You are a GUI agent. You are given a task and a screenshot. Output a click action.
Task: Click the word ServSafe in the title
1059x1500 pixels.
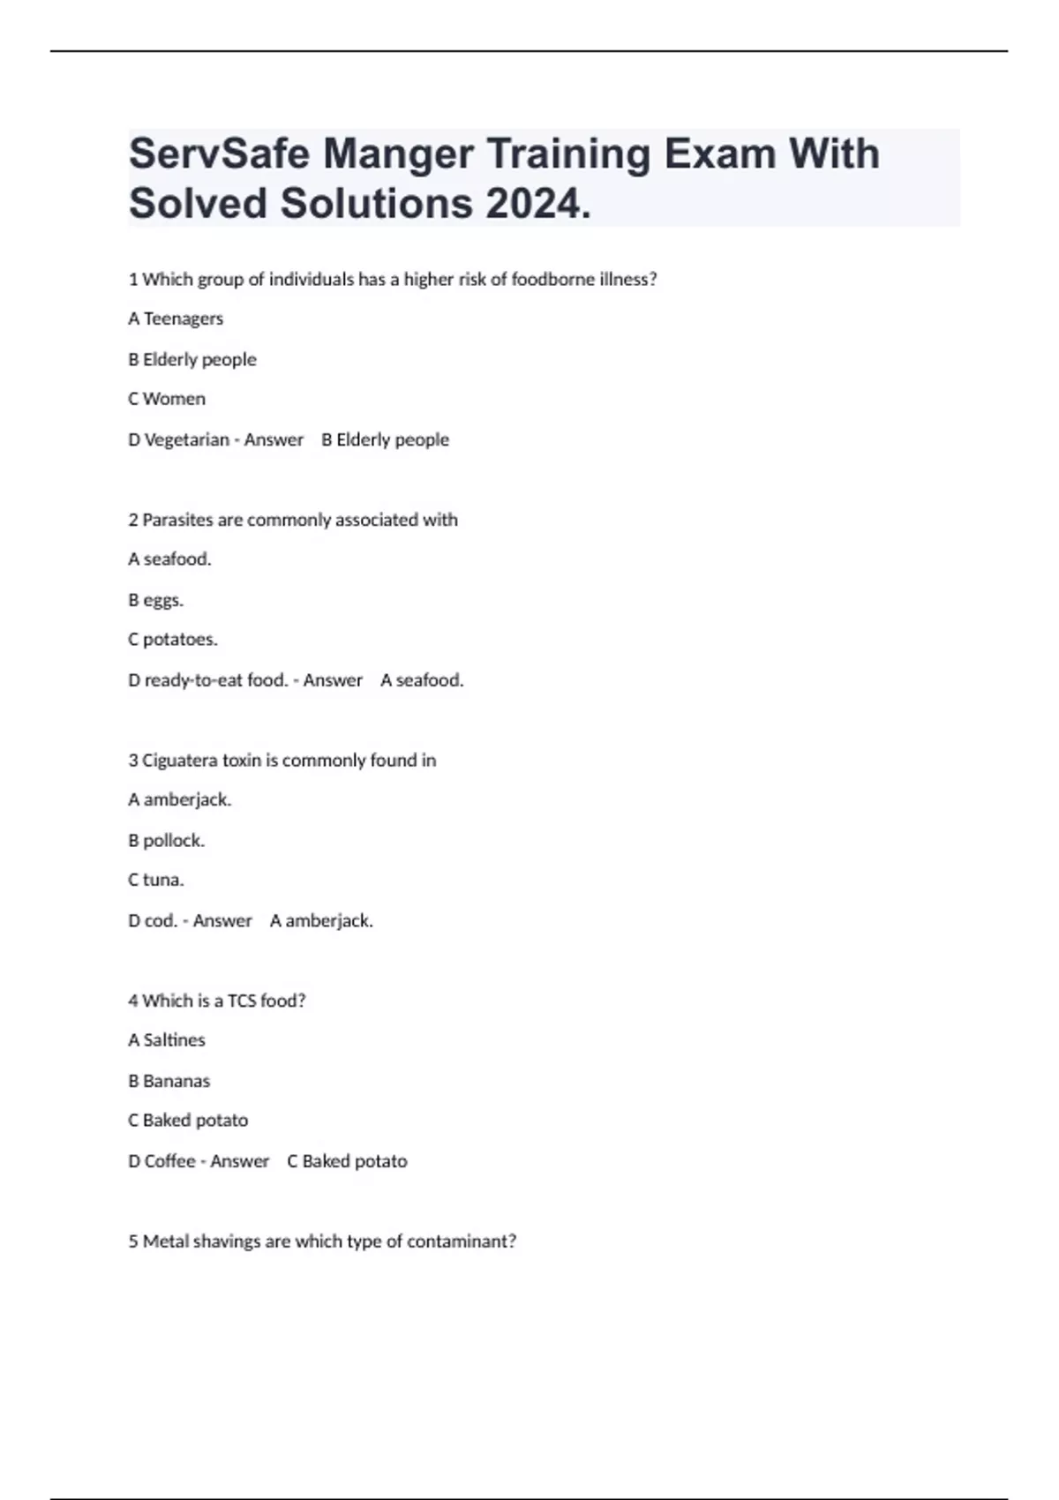pos(218,154)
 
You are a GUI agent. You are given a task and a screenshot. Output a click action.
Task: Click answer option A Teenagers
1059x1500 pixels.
pos(176,319)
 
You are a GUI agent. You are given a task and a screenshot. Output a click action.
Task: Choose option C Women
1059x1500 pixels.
pos(167,399)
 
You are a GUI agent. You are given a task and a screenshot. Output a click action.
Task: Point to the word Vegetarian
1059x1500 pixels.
pos(186,439)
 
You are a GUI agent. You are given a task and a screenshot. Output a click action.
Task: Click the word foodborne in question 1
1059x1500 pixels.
pos(553,279)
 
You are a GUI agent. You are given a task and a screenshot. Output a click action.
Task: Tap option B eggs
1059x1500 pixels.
pos(156,600)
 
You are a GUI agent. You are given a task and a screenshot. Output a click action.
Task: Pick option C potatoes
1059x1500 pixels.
pos(173,640)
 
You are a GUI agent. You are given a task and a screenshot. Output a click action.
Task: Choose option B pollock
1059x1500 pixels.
pos(167,841)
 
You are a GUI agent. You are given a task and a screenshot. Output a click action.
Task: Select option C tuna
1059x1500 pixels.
pos(156,880)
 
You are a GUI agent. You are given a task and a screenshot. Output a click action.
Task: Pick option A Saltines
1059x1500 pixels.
pos(167,1040)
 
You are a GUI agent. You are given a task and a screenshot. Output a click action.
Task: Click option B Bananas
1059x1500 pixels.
pos(169,1081)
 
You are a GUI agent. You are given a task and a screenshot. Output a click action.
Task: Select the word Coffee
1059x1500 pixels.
pos(169,1161)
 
